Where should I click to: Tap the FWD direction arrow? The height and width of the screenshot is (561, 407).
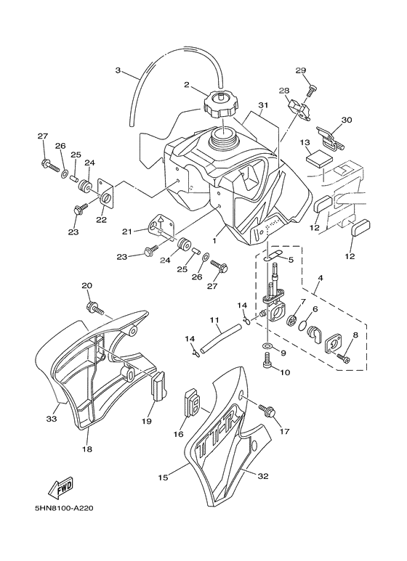61,488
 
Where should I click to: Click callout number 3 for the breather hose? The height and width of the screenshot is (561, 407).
118,70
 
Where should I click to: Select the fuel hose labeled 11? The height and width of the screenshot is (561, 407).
220,337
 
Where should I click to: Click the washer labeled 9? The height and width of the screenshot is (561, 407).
267,346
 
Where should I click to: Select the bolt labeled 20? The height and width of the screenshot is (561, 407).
94,308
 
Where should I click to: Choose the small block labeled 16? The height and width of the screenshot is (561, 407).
192,404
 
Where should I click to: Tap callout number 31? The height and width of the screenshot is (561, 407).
263,105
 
